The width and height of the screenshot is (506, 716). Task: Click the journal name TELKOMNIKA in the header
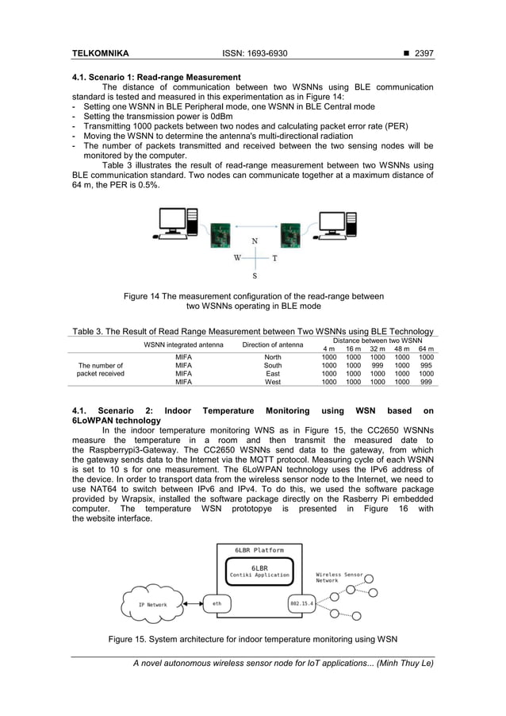tap(101, 54)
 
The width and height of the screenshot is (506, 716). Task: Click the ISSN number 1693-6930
tap(253, 54)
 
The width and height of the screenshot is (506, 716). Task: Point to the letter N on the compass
tap(254, 241)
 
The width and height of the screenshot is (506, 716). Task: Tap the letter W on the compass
tap(237, 258)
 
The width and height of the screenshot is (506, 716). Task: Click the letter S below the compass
tap(254, 276)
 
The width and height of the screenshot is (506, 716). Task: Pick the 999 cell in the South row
tap(378, 365)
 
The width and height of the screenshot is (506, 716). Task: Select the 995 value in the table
tap(426, 365)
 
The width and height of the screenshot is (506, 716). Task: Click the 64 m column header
tap(426, 348)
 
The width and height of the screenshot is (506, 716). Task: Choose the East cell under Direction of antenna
tap(272, 373)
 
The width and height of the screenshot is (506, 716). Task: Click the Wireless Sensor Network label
tap(339, 577)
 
